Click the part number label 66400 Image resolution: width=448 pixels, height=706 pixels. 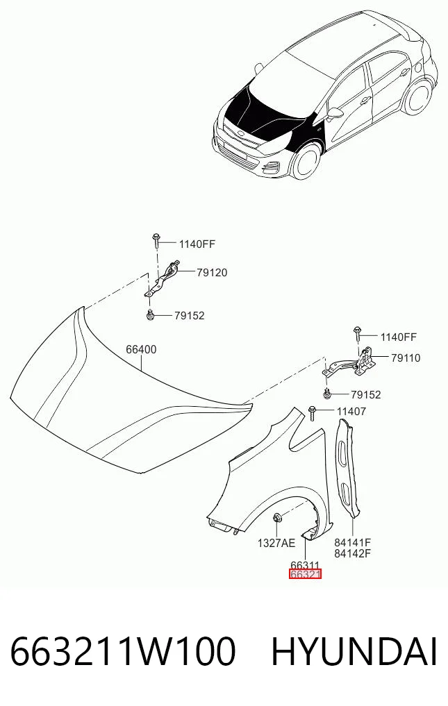[x=141, y=349]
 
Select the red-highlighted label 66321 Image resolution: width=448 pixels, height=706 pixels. [x=305, y=575]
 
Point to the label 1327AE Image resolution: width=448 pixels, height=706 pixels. [x=276, y=543]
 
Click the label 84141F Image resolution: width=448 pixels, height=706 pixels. [x=352, y=543]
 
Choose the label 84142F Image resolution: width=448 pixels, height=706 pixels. [x=352, y=553]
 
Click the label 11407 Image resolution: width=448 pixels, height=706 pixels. [x=351, y=411]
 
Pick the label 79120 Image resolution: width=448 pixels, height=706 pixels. [x=212, y=273]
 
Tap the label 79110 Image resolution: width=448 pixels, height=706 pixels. [x=406, y=358]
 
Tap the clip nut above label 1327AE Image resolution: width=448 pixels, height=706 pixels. [x=277, y=517]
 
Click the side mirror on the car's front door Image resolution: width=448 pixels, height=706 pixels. [x=334, y=113]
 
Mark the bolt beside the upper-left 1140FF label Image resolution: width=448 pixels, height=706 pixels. [x=156, y=240]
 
